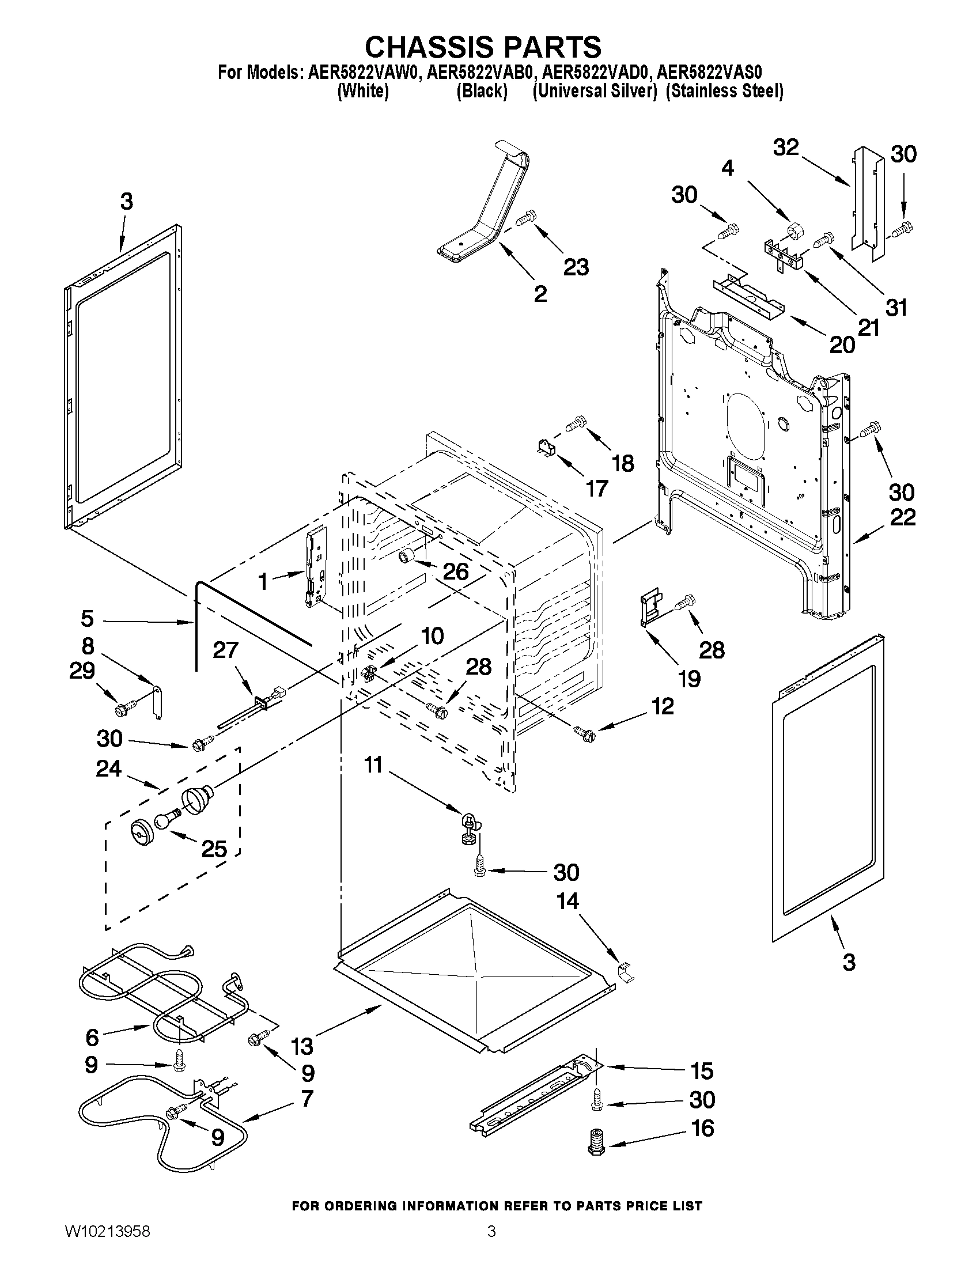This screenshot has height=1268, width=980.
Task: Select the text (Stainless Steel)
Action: coord(724,91)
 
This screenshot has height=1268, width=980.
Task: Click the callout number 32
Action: coord(785,147)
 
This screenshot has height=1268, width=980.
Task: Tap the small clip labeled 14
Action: coord(626,971)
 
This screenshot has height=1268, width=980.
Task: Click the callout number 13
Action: coord(303,1046)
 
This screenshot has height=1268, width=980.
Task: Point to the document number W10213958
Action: coord(107,1245)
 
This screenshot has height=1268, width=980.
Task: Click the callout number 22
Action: coord(902,517)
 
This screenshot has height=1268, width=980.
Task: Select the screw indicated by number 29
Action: coord(125,707)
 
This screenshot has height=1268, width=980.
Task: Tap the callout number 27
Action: coord(225,650)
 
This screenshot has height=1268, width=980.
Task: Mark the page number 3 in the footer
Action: coord(491,1245)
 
